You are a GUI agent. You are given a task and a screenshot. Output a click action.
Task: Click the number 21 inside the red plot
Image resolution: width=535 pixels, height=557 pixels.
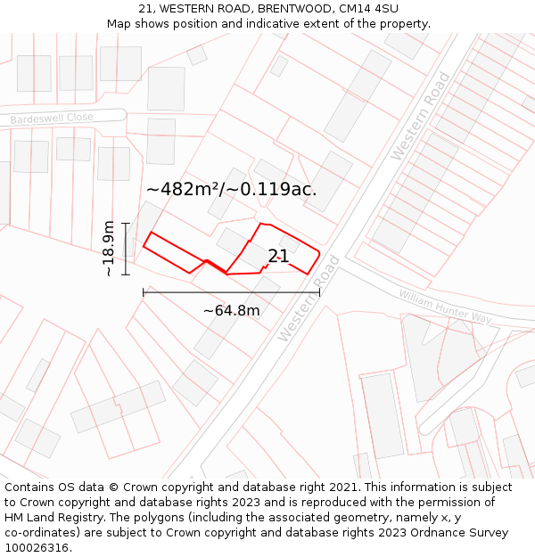point(278,257)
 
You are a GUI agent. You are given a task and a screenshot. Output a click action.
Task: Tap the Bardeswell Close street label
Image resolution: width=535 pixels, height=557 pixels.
point(52,119)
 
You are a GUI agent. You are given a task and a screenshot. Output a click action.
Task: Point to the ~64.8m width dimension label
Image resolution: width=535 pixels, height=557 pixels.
point(232,311)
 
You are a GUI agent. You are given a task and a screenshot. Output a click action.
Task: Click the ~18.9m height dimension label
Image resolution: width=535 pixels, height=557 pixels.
point(108,249)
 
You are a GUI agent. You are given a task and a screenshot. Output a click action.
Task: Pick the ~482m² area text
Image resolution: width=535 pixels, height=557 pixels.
point(184,189)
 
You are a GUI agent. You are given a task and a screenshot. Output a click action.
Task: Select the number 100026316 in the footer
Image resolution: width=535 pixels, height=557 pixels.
point(36,548)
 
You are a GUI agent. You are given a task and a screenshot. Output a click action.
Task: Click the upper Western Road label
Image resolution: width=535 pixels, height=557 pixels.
point(421,116)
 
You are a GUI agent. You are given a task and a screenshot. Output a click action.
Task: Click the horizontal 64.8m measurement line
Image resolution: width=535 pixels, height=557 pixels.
point(231,291)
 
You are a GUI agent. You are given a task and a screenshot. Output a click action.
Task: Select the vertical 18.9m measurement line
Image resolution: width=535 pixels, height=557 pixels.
point(126,249)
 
